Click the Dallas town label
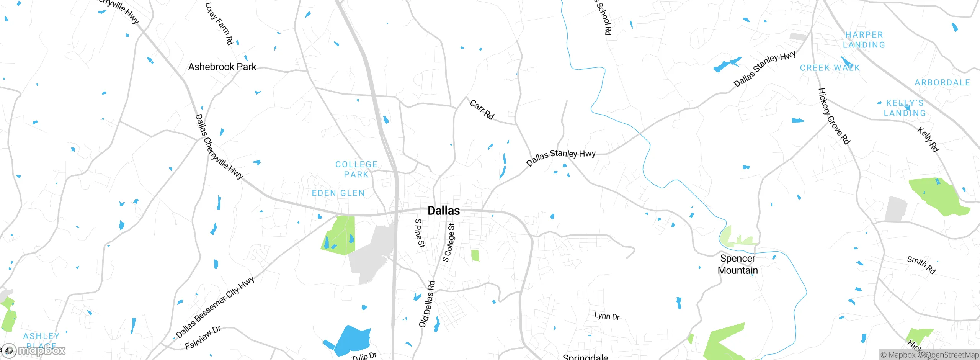444,211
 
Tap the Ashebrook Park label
222,67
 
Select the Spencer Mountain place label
738,264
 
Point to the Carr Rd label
482,110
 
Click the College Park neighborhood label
356,169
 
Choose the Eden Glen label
338,193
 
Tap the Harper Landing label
864,40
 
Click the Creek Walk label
830,68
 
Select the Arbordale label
942,83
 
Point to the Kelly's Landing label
905,108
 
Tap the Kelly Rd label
928,139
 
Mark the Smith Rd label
921,265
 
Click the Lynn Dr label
607,316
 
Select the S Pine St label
420,233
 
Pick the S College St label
449,243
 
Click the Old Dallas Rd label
427,304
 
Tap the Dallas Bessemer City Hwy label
215,308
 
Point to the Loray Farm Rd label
219,24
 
